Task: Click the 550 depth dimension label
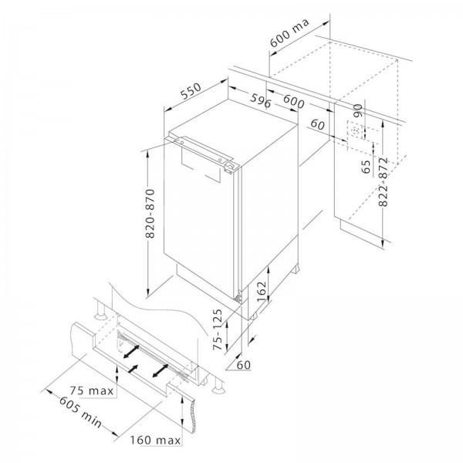coord(191,90)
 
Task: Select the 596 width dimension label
coord(260,100)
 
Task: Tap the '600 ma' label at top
coord(289,32)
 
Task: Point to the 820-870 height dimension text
coord(150,214)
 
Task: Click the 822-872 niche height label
coord(383,182)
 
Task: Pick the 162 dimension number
coord(262,291)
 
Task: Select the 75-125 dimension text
coord(218,330)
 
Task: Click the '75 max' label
coord(92,391)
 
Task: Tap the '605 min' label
coord(80,412)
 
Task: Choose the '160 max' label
coord(155,441)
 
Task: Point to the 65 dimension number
coord(366,167)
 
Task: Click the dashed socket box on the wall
coord(356,130)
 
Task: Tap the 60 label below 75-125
coord(244,365)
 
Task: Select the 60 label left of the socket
coord(317,124)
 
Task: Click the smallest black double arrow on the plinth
coord(133,369)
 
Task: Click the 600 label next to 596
coord(293,101)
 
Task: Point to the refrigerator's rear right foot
coord(296,269)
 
